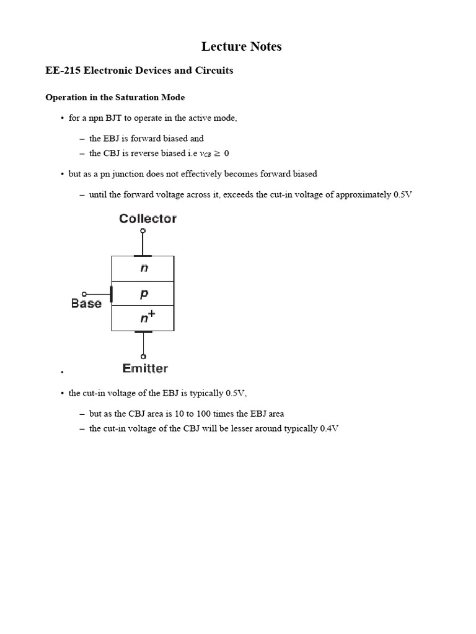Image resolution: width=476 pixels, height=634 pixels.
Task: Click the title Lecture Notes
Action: [242, 46]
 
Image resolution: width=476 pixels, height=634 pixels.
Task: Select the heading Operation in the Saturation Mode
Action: [115, 98]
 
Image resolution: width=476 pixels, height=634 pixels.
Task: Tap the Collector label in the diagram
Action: [148, 219]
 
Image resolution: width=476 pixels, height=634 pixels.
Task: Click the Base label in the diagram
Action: [86, 303]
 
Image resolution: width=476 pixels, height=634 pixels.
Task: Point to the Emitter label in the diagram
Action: [145, 368]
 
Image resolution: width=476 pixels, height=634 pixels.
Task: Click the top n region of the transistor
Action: [144, 268]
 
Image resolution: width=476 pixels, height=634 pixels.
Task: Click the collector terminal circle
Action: [143, 231]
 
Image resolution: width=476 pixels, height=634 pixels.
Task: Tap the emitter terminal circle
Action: [143, 357]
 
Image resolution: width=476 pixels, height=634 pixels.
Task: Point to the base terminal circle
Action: [84, 294]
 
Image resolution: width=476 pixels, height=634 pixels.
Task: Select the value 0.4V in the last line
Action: [329, 428]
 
